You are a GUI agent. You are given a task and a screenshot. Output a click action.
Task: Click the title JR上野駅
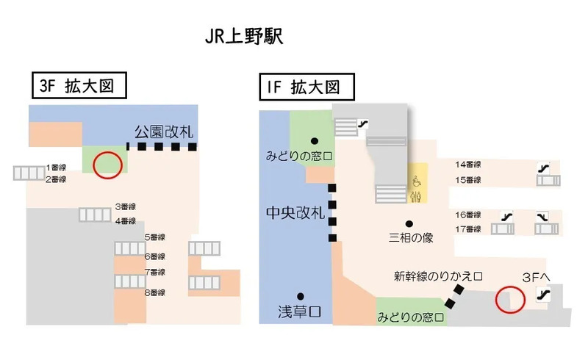click(243, 37)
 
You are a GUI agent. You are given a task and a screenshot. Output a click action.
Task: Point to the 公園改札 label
click(163, 132)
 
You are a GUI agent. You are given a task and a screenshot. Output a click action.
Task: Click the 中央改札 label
click(295, 213)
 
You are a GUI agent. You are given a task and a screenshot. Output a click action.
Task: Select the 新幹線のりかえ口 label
click(437, 276)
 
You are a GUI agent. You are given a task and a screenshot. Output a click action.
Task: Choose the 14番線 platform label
click(467, 165)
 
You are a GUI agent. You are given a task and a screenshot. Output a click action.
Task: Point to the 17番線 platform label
click(467, 229)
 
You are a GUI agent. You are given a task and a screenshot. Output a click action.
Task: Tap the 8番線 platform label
click(154, 293)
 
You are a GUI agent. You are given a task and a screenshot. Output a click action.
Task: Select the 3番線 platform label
click(125, 207)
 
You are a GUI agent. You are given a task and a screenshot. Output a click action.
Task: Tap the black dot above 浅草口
click(301, 295)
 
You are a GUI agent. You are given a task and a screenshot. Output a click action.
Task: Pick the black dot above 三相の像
click(409, 223)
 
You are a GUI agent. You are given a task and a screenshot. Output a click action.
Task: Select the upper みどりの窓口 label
click(300, 156)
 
